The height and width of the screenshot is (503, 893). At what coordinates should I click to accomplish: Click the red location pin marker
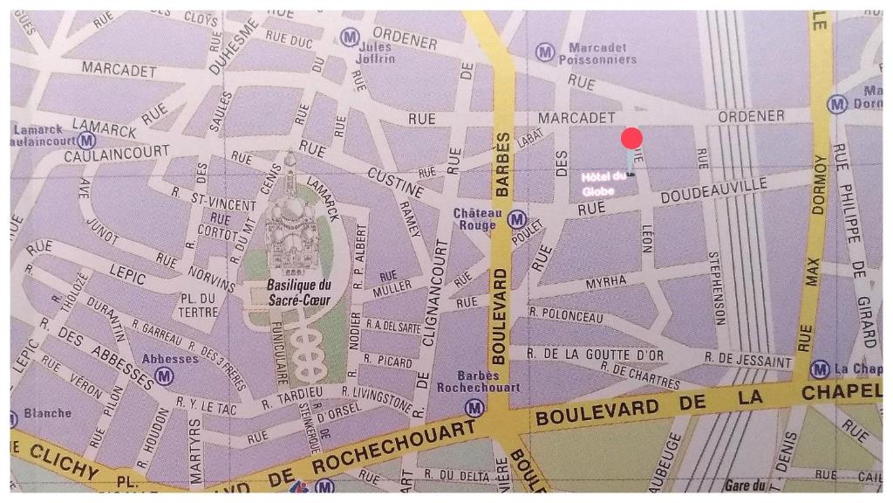[632, 139]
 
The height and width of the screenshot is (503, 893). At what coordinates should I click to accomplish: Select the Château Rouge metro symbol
[517, 219]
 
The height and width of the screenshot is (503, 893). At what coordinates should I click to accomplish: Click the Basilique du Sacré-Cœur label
[299, 292]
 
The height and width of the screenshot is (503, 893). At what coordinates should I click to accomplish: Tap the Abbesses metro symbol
[164, 376]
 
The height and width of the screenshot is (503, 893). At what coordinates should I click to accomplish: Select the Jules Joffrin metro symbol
[350, 37]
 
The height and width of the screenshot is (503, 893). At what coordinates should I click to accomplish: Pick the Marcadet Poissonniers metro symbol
[545, 52]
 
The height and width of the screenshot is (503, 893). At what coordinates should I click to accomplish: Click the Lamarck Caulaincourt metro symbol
[86, 140]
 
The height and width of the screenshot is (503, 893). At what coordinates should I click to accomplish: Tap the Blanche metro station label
[47, 413]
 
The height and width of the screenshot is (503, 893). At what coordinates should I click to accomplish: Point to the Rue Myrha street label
[606, 282]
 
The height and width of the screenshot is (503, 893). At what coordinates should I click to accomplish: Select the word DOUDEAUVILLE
[713, 190]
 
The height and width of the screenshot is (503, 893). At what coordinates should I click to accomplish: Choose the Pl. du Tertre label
[199, 305]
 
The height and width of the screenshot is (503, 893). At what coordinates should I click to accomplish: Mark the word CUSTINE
[395, 182]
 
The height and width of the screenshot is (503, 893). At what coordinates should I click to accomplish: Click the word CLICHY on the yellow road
[65, 462]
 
